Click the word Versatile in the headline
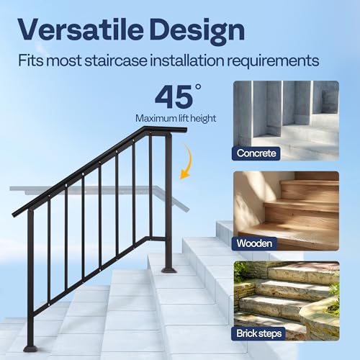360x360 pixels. (x=86, y=30)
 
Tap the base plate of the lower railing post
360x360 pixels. (x=31, y=348)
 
